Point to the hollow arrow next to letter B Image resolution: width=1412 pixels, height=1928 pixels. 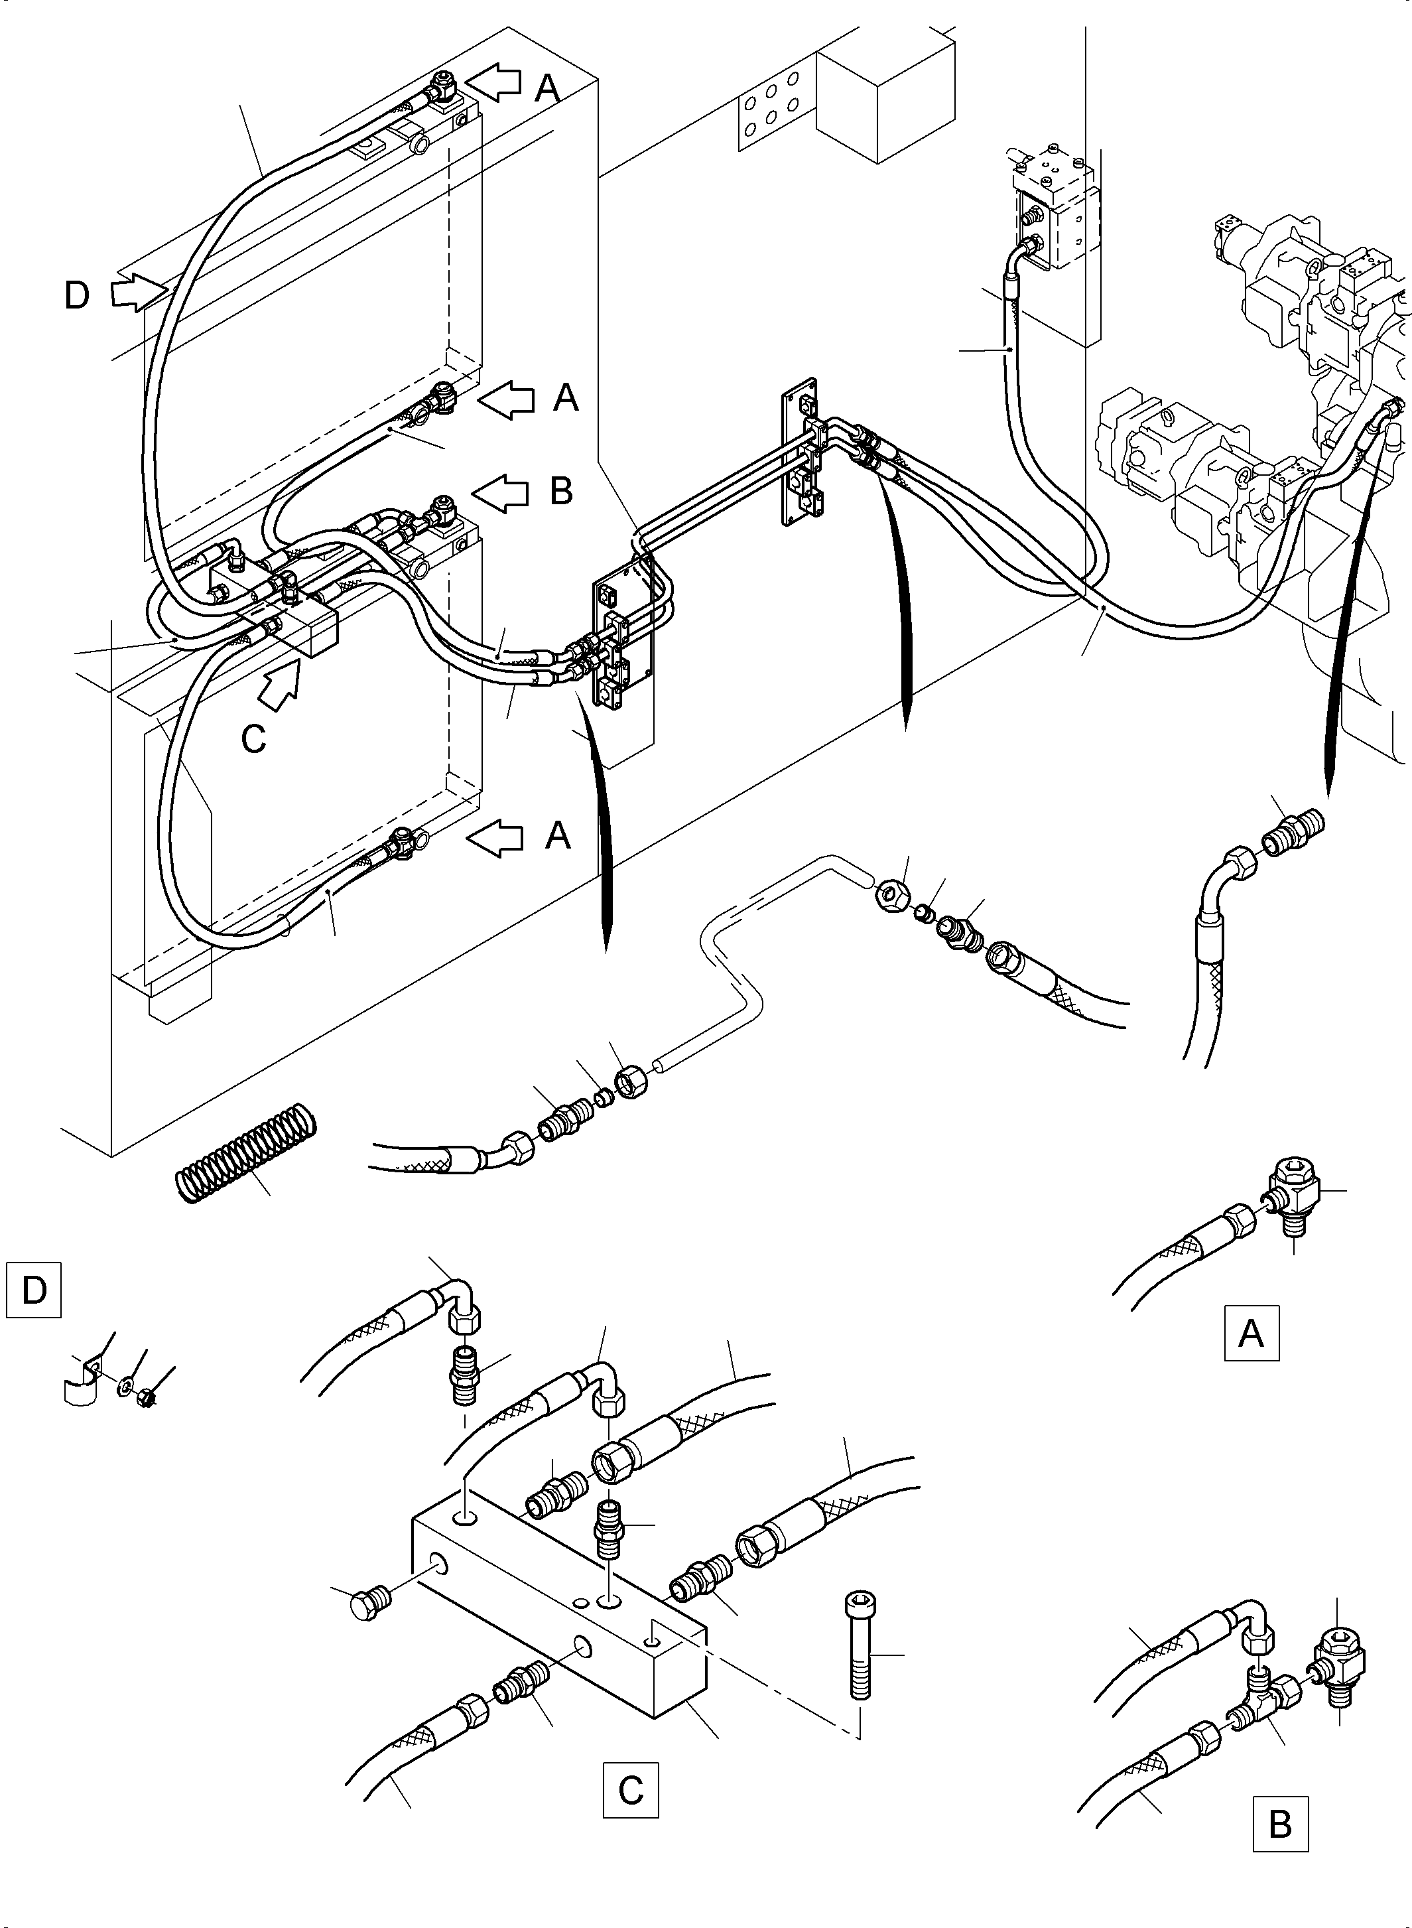[x=499, y=492]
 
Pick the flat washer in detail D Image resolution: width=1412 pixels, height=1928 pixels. [x=125, y=1383]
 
